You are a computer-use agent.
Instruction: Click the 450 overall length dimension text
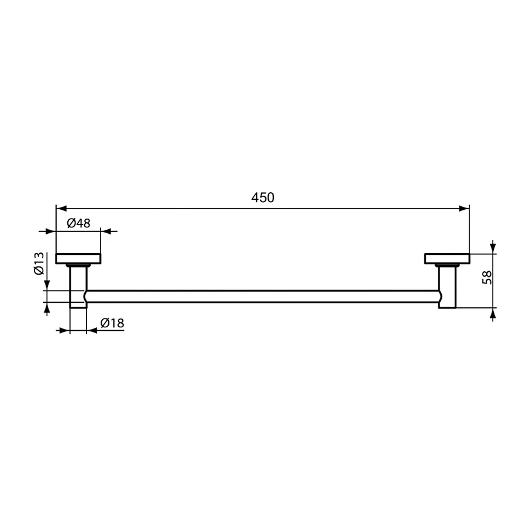point(262,198)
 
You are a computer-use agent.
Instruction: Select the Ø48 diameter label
point(78,223)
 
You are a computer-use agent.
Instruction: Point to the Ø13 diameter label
point(39,264)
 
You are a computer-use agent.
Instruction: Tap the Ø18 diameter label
point(112,323)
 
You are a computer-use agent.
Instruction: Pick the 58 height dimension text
point(487,277)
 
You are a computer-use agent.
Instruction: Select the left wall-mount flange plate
point(78,258)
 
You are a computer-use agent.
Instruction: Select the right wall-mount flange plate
point(447,258)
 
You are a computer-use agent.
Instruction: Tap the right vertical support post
point(447,286)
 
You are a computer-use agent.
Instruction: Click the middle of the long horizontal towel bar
point(263,296)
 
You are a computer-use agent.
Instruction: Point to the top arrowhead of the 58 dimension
point(493,248)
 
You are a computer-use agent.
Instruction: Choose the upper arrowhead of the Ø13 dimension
point(47,285)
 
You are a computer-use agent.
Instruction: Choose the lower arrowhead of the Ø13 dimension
point(47,307)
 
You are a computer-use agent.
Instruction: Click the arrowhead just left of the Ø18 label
point(92,331)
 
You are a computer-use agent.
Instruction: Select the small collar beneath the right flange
point(447,266)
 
